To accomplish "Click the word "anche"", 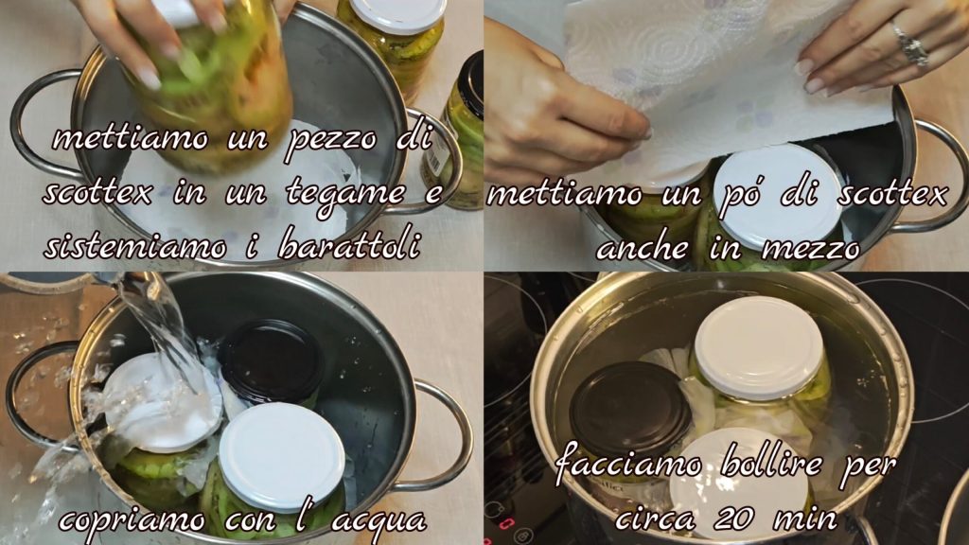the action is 643,249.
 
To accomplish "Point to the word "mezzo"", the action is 812,250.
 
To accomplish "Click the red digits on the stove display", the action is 506,524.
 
